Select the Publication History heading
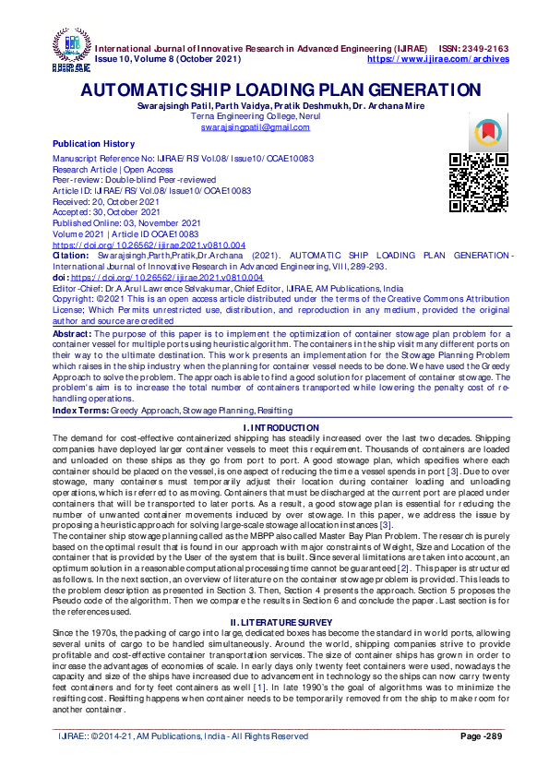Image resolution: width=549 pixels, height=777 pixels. click(93, 144)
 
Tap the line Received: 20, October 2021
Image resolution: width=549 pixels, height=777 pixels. click(106, 202)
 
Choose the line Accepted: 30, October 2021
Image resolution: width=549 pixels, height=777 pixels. click(106, 212)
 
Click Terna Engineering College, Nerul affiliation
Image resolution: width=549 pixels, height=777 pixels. click(274, 117)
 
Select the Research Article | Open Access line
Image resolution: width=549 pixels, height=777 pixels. click(113, 170)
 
